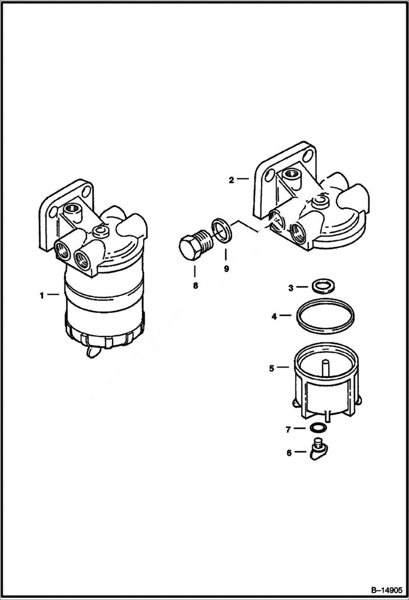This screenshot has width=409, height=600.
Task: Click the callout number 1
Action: tap(42, 295)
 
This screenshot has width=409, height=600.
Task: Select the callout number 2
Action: tap(232, 179)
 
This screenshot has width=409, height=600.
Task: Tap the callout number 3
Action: tap(291, 287)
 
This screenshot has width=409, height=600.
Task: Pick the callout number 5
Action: tap(271, 368)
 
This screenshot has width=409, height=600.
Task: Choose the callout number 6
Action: tap(290, 452)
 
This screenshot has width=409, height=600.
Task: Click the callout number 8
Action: tap(195, 285)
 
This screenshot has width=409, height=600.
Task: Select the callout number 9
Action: tap(226, 269)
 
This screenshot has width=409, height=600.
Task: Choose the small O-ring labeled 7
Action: tap(318, 428)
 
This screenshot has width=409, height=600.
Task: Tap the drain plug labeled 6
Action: tap(318, 451)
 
